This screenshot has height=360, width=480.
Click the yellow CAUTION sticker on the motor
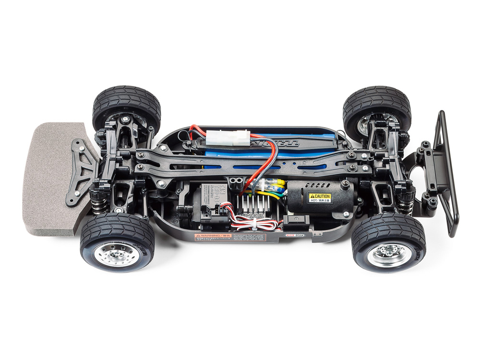pyautogui.click(x=319, y=197)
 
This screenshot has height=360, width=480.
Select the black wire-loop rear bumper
pyautogui.click(x=445, y=173)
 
